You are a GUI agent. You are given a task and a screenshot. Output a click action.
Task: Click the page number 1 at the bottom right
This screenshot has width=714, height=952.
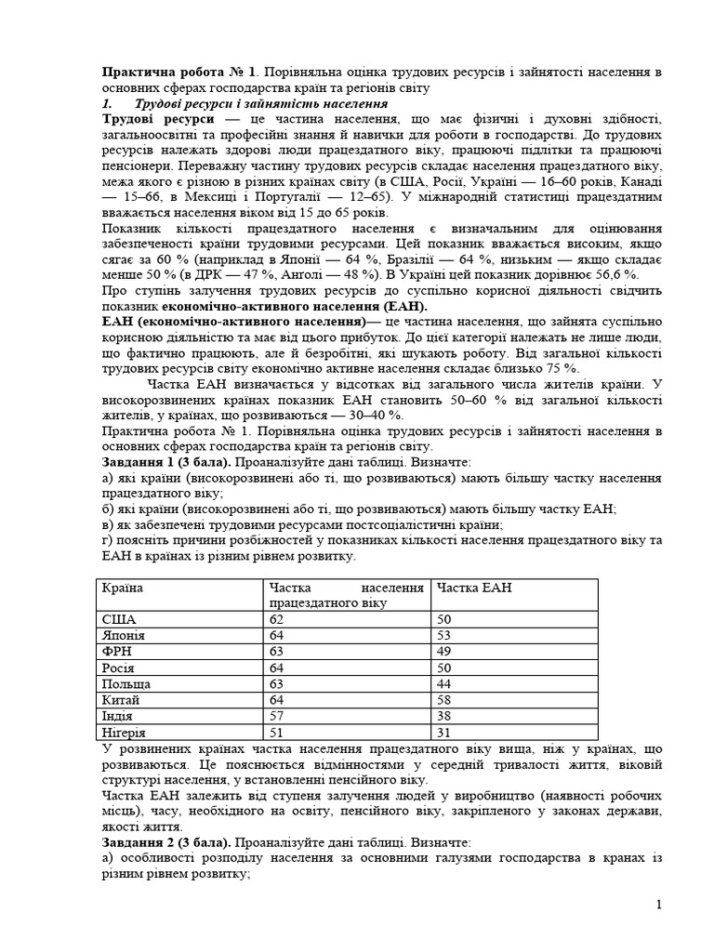point(658,904)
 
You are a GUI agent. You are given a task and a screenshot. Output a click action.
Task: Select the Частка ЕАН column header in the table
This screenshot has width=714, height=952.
point(474,588)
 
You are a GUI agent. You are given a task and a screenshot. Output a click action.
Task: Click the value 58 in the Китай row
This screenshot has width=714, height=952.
point(444,699)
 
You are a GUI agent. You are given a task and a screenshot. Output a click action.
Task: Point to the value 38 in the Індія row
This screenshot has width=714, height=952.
point(444,715)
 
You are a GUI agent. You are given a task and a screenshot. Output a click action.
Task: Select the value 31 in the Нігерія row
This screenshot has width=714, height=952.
point(444,731)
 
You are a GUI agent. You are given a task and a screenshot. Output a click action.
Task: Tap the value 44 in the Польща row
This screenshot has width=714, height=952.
point(444,683)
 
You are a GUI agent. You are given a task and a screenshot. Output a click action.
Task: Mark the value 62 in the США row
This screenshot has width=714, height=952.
point(276,619)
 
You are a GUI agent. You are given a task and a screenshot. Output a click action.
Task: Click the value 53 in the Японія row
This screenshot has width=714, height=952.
point(444,635)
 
